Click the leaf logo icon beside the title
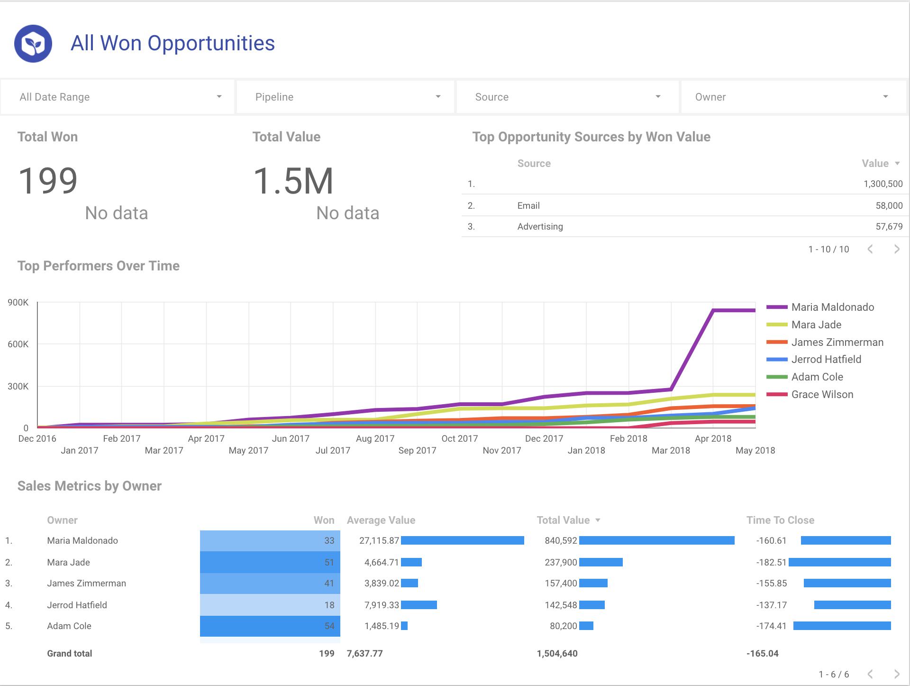point(33,44)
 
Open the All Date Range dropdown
point(118,97)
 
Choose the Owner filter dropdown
point(792,97)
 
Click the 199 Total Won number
point(48,181)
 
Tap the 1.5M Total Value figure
point(293,181)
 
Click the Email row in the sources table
point(528,205)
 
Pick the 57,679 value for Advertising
point(889,226)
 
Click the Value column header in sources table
point(875,163)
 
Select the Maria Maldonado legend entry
point(832,307)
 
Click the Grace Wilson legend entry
point(822,394)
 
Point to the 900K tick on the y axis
point(18,302)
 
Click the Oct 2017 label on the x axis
point(459,438)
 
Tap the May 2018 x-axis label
point(755,450)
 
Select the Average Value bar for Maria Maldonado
point(462,540)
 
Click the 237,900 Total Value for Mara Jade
point(561,562)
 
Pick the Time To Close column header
point(780,520)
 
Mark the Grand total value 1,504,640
point(557,653)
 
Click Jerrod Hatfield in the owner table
point(77,605)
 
